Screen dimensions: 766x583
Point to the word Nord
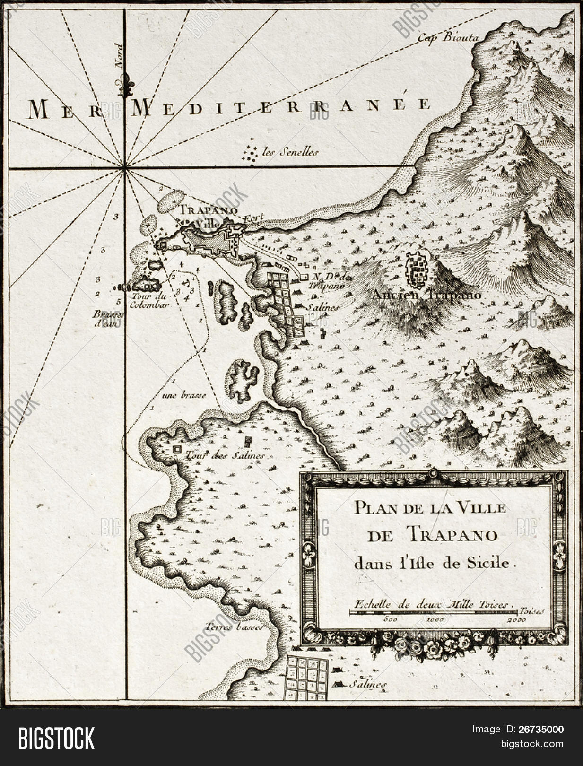point(119,57)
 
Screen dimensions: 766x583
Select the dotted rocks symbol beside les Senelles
point(250,152)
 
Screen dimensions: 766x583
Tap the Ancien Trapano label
point(426,295)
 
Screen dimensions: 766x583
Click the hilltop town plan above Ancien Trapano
point(418,270)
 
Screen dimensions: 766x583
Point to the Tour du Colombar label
point(150,301)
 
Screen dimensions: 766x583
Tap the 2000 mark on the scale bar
point(517,620)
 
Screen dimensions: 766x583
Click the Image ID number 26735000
point(541,730)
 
